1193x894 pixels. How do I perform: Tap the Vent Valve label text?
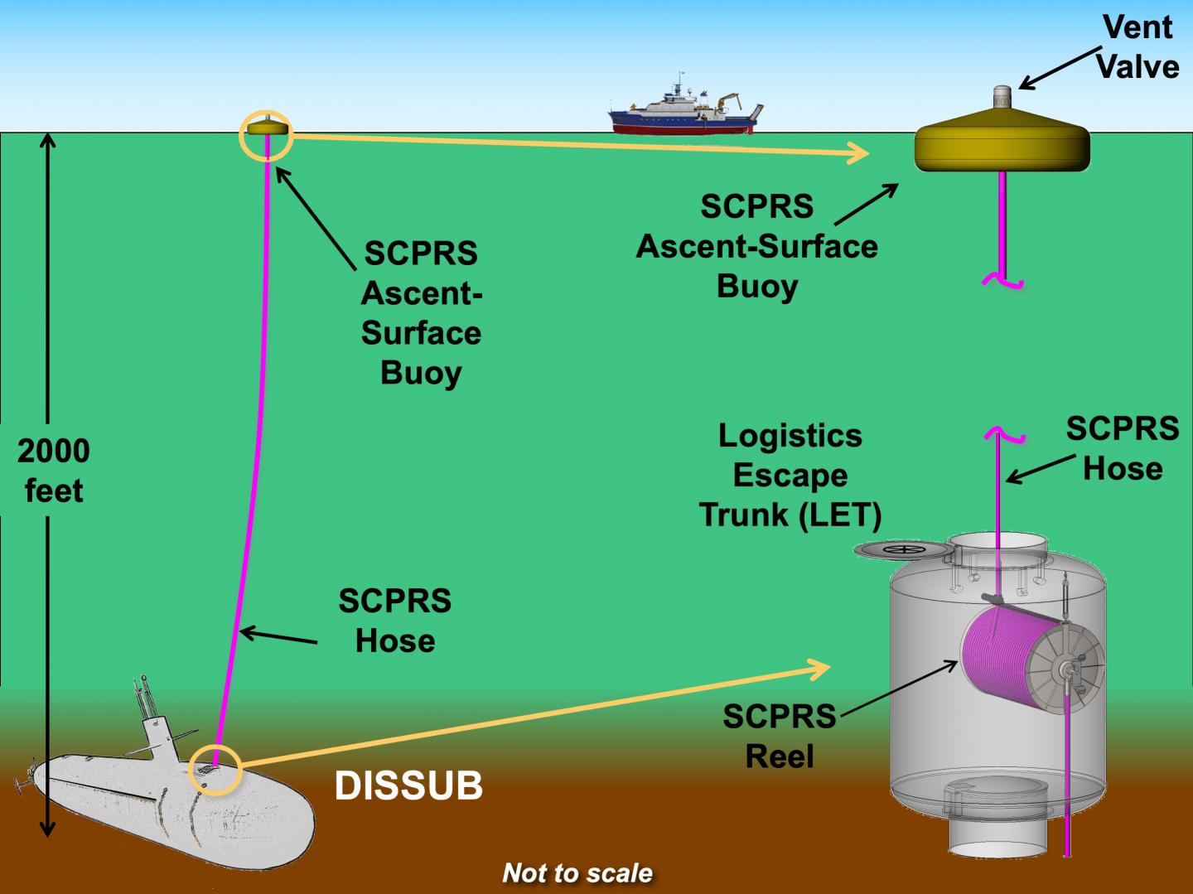(x=1137, y=47)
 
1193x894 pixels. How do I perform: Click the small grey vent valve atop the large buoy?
(x=1002, y=97)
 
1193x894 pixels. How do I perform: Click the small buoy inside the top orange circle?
(x=266, y=128)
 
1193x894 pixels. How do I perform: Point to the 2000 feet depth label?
(x=53, y=471)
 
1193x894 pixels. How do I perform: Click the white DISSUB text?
(x=408, y=785)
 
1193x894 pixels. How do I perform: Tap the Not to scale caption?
(x=577, y=872)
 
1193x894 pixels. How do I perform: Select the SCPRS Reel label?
(x=779, y=736)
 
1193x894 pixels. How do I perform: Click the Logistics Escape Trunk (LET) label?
(x=790, y=475)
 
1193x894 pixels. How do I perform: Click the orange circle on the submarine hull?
(x=215, y=770)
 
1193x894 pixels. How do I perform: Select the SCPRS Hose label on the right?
(x=1122, y=448)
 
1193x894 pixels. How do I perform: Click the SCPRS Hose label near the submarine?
(x=395, y=621)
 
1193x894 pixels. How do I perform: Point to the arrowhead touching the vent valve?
(x=1026, y=84)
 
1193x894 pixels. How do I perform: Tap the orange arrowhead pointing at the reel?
(x=820, y=668)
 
